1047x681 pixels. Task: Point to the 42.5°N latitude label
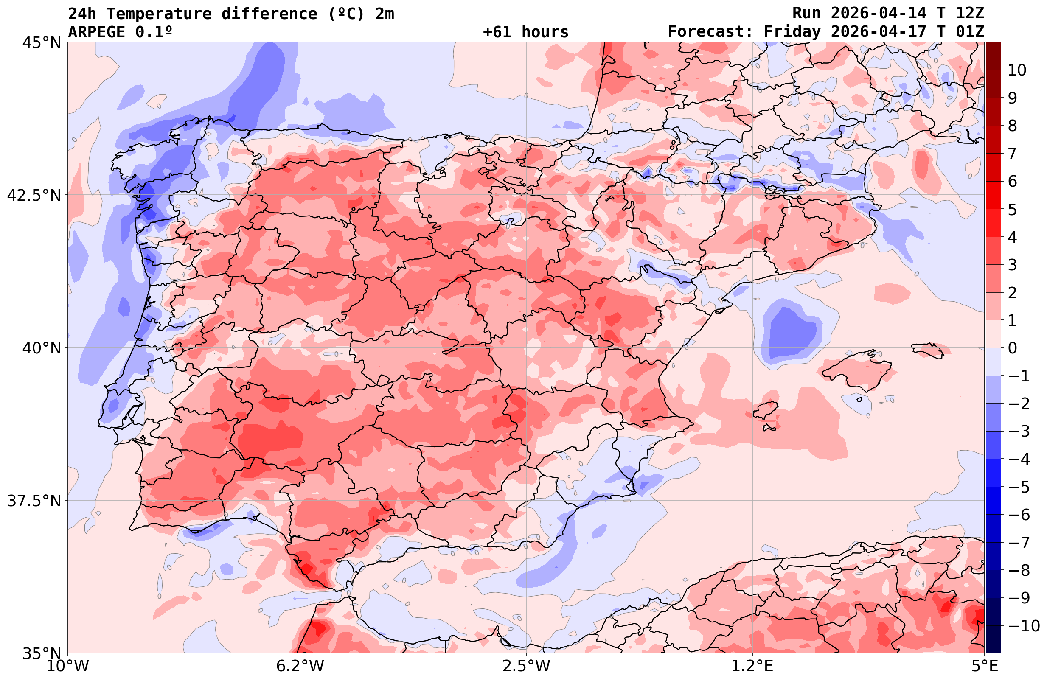point(34,195)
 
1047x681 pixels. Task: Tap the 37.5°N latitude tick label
point(34,501)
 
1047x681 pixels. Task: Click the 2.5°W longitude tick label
point(526,667)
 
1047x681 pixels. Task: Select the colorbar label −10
point(1023,625)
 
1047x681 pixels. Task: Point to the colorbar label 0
point(1012,348)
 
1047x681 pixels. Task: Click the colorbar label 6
point(1012,181)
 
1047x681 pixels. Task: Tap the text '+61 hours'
point(526,32)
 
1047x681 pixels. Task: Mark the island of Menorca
point(928,350)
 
